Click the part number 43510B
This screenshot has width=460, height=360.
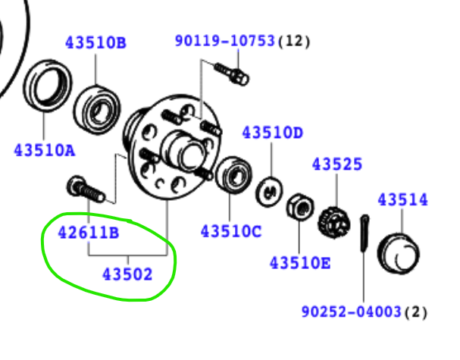click(95, 42)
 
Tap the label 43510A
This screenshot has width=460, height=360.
click(45, 151)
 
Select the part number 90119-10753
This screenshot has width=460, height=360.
click(225, 40)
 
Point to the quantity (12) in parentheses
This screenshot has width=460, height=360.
click(294, 41)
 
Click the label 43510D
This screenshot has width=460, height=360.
click(272, 133)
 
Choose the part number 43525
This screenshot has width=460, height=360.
click(337, 164)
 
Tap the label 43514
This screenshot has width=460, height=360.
click(403, 200)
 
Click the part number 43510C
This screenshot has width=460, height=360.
click(231, 231)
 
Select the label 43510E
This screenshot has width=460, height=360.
click(300, 263)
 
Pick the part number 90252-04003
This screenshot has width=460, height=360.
click(352, 311)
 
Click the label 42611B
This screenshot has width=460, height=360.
click(89, 233)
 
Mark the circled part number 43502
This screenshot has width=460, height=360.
click(127, 274)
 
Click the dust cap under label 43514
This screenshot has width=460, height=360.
click(399, 253)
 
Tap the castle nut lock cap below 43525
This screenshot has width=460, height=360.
click(334, 223)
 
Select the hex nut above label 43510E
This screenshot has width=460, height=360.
click(300, 206)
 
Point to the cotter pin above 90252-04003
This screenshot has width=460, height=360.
click(365, 233)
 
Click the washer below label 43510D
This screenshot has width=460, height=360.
click(270, 192)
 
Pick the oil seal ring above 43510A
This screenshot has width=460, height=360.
click(48, 86)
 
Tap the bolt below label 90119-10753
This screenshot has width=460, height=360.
click(232, 74)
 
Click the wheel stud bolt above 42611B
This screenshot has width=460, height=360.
click(86, 189)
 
